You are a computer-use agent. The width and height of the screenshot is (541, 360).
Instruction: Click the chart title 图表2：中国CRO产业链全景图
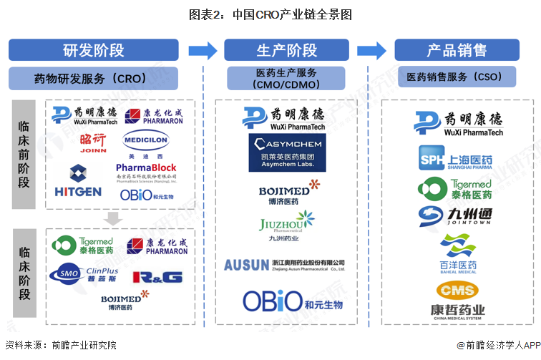(270, 14)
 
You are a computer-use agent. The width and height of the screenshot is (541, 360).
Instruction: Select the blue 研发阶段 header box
(93, 50)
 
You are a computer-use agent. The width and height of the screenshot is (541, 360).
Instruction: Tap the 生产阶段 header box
(286, 50)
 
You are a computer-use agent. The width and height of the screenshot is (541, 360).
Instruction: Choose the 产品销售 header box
(457, 50)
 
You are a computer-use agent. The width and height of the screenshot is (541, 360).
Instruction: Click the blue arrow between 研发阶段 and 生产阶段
(203, 50)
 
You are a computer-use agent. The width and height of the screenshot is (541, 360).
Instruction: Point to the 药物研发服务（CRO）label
(93, 77)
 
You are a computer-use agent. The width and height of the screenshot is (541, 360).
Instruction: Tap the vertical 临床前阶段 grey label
(24, 154)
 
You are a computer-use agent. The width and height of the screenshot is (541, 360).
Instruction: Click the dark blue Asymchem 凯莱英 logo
(286, 152)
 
